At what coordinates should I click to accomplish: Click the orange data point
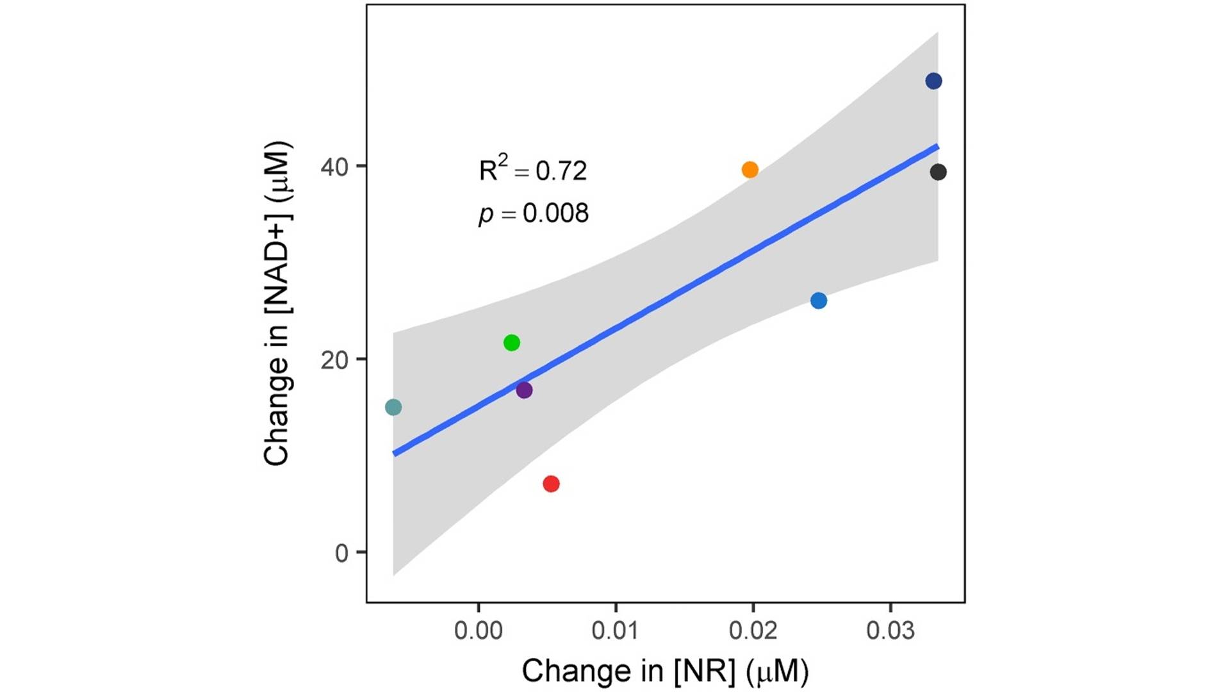click(x=750, y=170)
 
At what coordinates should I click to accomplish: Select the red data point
click(x=551, y=484)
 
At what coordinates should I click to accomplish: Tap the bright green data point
click(x=511, y=343)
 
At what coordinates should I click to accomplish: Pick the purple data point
click(x=524, y=390)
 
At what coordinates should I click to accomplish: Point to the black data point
click(x=938, y=172)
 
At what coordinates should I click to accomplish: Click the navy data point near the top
click(x=933, y=81)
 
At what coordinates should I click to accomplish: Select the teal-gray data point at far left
click(x=393, y=407)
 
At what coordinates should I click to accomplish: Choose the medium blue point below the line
click(x=818, y=301)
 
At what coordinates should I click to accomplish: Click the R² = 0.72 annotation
click(x=532, y=170)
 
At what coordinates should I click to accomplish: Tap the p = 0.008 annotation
click(x=533, y=213)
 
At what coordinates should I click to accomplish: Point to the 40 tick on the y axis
click(x=334, y=167)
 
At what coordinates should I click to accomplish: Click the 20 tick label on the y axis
click(x=334, y=361)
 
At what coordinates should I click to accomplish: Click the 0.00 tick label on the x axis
click(x=478, y=631)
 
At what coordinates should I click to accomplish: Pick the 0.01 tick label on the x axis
click(x=616, y=631)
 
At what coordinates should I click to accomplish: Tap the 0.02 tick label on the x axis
click(x=753, y=631)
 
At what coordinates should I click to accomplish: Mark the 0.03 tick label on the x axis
click(x=890, y=631)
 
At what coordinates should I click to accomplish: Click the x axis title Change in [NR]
click(x=665, y=671)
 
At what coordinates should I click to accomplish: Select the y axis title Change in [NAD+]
click(x=277, y=303)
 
